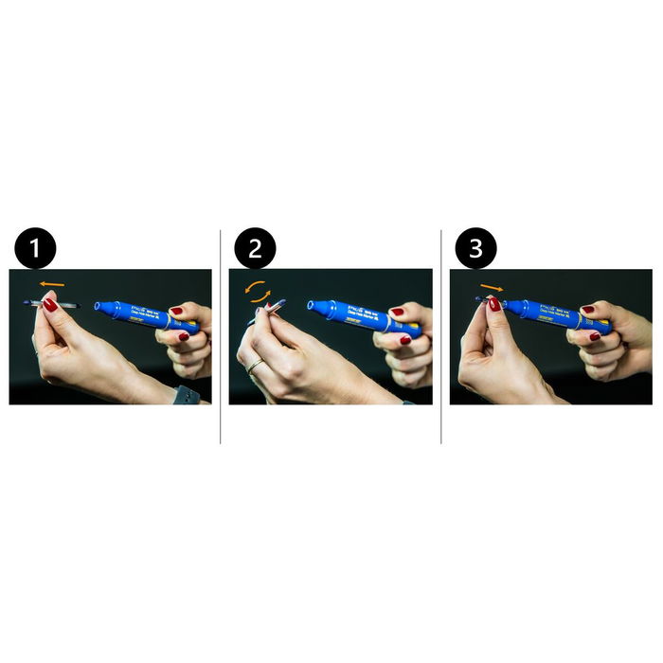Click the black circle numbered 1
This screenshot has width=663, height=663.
(36, 250)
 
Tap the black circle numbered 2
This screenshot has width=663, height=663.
(256, 250)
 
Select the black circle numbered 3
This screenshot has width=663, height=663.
(475, 250)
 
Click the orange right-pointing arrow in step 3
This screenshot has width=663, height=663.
(492, 285)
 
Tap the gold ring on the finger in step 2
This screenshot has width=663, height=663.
(254, 366)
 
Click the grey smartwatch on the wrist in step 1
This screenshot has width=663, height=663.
(186, 395)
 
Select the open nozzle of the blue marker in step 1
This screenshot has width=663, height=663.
(98, 306)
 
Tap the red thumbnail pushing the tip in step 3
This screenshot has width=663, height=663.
(493, 304)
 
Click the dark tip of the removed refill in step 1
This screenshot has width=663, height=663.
(25, 302)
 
